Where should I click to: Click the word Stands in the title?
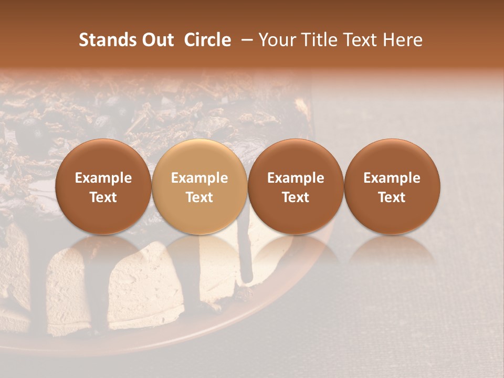[104, 40]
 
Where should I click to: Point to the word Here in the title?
[403, 40]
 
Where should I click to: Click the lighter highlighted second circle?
[199, 186]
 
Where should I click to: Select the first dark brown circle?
[103, 186]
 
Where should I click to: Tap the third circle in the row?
[296, 186]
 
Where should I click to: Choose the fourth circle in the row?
[392, 186]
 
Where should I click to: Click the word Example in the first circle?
[103, 178]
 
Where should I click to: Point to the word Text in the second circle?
[199, 197]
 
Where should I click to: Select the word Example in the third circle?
[296, 178]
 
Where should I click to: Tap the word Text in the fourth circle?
[392, 197]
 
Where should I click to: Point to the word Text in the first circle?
[103, 197]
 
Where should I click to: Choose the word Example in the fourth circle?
[392, 178]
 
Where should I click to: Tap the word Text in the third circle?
[296, 197]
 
